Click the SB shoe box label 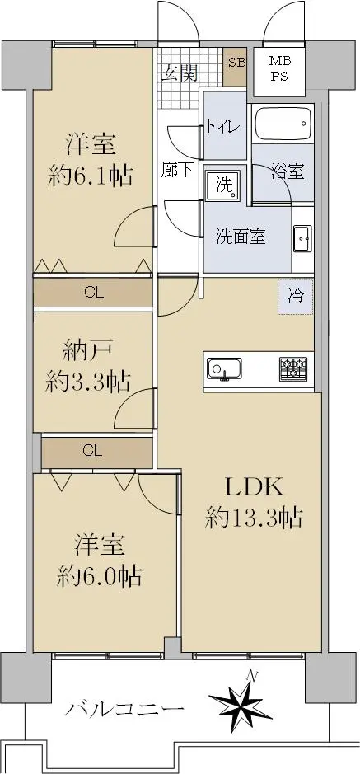pyautogui.click(x=236, y=62)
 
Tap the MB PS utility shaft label pyautogui.click(x=280, y=69)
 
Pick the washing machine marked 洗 pyautogui.click(x=224, y=185)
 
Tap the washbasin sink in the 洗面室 pyautogui.click(x=302, y=240)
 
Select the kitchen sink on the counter pyautogui.click(x=224, y=368)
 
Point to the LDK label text pyautogui.click(x=254, y=488)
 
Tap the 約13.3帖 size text pyautogui.click(x=254, y=518)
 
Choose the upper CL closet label pyautogui.click(x=94, y=293)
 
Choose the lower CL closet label pyautogui.click(x=93, y=451)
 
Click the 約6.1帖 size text pyautogui.click(x=91, y=176)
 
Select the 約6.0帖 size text pyautogui.click(x=100, y=575)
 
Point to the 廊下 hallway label pyautogui.click(x=177, y=171)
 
